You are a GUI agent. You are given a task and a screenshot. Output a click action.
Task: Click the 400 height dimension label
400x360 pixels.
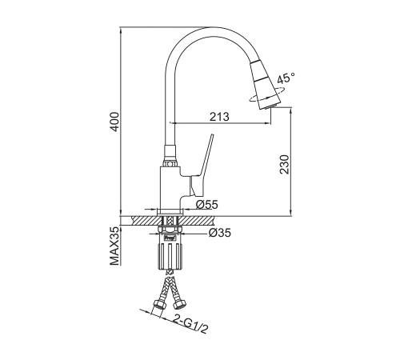click(115, 122)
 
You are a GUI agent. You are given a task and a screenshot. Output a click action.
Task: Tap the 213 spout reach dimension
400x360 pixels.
click(219, 117)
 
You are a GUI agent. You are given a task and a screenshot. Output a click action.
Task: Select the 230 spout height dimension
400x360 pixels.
click(284, 165)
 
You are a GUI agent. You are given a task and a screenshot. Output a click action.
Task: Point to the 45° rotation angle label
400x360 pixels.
click(286, 78)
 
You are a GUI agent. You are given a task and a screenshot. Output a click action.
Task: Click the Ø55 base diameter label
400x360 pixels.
click(207, 205)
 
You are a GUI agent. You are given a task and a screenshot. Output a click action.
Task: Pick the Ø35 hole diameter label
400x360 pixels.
click(220, 233)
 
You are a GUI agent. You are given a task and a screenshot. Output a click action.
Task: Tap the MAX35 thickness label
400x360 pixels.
click(114, 246)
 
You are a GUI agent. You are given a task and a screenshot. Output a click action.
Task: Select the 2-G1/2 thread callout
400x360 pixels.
click(190, 324)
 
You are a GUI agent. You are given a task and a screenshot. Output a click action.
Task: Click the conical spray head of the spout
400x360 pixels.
click(265, 85)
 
